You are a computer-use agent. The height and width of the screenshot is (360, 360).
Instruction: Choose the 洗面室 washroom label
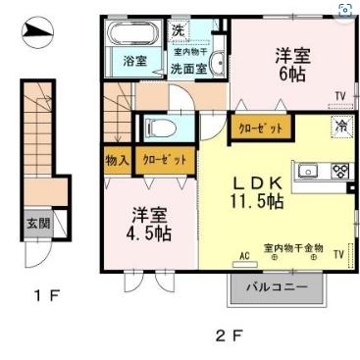coord(187,69)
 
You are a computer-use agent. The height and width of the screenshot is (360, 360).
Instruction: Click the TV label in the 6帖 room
coord(339,95)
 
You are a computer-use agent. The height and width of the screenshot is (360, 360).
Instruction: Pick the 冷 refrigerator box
coord(340,127)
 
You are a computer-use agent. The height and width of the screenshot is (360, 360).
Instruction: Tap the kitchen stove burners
coord(340,171)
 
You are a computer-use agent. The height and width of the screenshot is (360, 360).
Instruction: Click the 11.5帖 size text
coord(257,202)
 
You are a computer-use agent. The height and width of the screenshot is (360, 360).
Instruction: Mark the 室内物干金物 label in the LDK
coord(293,247)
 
